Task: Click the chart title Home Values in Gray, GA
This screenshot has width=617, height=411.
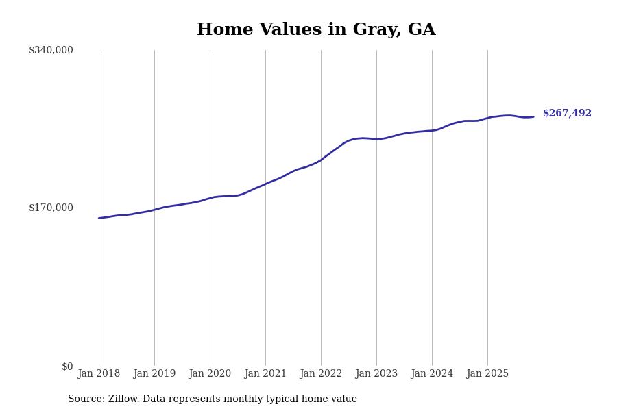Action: pos(316,30)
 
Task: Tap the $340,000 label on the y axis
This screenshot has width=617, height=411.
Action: pos(51,50)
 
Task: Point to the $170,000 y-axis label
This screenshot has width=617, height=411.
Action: pos(51,208)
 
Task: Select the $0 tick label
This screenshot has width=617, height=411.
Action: pos(67,366)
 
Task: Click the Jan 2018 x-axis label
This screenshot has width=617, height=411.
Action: pos(99,374)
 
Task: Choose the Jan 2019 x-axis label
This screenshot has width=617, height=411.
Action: pos(154,374)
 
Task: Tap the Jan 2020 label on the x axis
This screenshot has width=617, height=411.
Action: pos(210,374)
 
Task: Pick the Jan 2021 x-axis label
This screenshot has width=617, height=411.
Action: pos(265,374)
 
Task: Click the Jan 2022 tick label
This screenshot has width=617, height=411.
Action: pos(321,374)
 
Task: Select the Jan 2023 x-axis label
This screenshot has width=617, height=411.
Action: pos(376,374)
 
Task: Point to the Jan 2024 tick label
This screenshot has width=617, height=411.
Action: pos(432,374)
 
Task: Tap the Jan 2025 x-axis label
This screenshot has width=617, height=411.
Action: pos(487,374)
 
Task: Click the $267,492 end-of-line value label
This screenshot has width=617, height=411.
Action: pos(567,114)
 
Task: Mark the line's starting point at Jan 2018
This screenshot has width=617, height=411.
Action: pos(99,218)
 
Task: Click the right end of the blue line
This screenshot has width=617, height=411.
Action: pos(533,116)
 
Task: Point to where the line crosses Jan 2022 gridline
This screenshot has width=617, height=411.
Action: pos(321,160)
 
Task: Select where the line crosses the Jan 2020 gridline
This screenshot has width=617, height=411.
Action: pos(210,198)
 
